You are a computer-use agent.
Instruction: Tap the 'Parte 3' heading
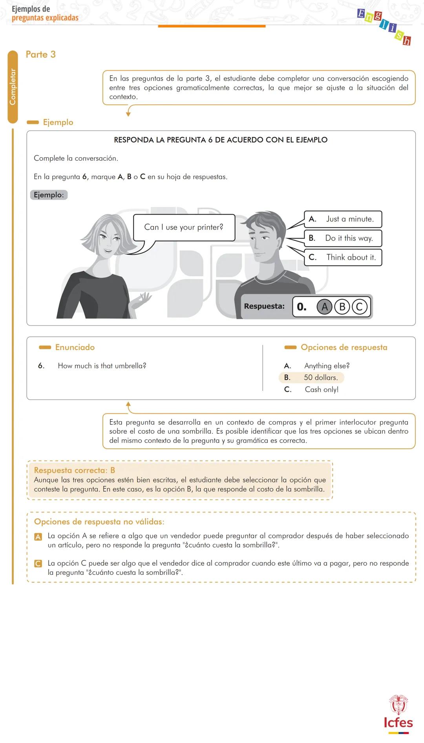coord(40,54)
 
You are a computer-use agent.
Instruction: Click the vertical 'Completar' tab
coord(13,87)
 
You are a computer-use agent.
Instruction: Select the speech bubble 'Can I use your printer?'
coord(184,227)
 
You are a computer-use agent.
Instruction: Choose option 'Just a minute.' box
coord(343,219)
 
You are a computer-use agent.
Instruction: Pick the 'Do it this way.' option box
coord(343,238)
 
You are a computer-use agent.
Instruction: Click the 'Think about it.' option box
coord(343,257)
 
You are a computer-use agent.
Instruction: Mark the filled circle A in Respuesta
coord(324,306)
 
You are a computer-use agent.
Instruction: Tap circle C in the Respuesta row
coord(359,306)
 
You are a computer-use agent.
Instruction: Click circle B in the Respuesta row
coord(342,306)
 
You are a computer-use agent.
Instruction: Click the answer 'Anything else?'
coord(327,366)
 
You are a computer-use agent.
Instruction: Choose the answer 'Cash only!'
coord(321,389)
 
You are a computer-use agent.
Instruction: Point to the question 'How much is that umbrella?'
coord(102,366)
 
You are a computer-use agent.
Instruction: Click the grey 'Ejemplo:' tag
coord(49,195)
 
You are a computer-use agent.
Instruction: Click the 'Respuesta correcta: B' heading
coord(74,470)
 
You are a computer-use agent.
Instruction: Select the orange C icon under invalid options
coord(38,563)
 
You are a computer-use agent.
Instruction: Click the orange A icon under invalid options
coord(38,536)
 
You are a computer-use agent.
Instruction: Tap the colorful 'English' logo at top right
coord(384,27)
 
